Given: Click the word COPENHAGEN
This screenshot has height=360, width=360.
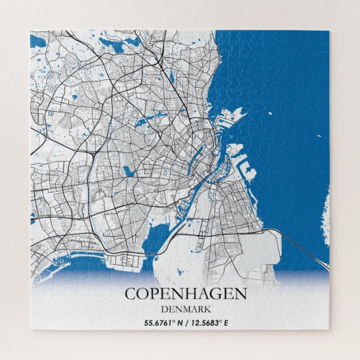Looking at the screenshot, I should coord(185,293).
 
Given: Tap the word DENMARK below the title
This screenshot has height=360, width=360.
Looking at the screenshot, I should coord(185,309).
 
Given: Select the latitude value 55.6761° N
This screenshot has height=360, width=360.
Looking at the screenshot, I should coord(163,322).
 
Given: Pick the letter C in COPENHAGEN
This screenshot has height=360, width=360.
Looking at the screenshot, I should coord(130,293).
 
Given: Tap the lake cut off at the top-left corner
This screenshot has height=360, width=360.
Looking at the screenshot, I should coord(39,40).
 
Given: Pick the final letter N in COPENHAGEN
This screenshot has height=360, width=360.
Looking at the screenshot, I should coord(240,293).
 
